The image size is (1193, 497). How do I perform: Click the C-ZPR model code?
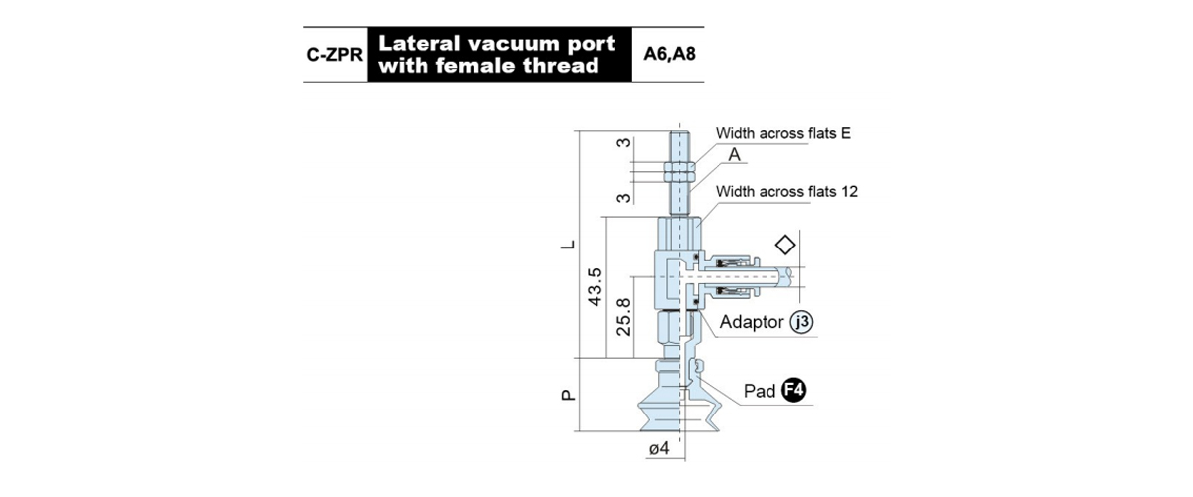tap(334, 55)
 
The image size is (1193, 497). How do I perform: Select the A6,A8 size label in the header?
tap(669, 54)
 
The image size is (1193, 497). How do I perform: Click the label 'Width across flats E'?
tap(783, 133)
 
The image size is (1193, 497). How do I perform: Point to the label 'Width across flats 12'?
tap(786, 191)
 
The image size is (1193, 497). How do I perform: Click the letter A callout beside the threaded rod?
tap(734, 154)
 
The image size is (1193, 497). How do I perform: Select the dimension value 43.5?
tap(595, 287)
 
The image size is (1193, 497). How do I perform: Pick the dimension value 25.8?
tap(623, 316)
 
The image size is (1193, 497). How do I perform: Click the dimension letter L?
tap(569, 245)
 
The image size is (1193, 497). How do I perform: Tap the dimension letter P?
tap(569, 395)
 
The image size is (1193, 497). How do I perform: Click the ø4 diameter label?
tap(659, 448)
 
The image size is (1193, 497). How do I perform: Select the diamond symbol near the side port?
tap(785, 246)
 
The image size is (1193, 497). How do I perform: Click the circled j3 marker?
tap(801, 322)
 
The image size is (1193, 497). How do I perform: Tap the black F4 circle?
tap(793, 390)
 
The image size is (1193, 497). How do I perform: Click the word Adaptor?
tap(752, 322)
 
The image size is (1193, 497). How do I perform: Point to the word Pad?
tap(760, 391)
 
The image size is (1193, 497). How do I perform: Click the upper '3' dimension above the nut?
tap(623, 143)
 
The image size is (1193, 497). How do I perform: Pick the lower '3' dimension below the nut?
tap(623, 198)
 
